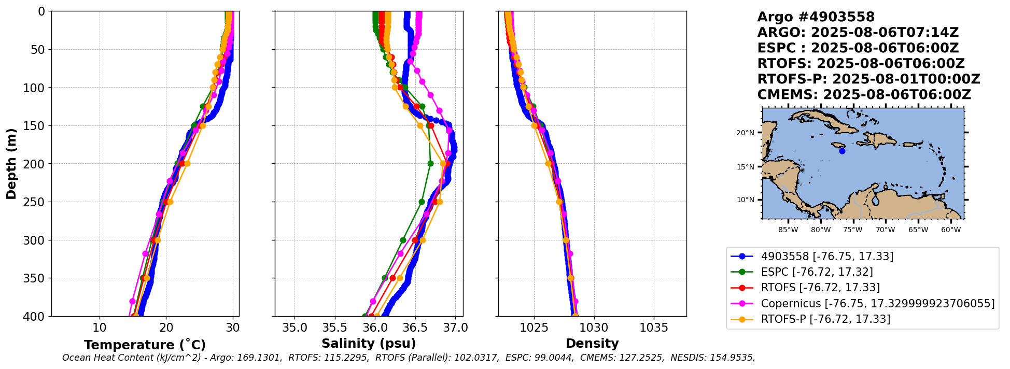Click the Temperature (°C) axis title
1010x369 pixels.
tap(145, 345)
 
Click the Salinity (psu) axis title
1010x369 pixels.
tap(369, 344)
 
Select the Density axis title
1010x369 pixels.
tap(592, 344)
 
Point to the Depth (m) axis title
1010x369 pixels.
tap(11, 164)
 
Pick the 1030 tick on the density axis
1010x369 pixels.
tap(594, 328)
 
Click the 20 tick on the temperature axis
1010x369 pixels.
tap(166, 328)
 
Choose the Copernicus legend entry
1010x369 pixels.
tap(877, 304)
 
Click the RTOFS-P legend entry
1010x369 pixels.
tap(825, 319)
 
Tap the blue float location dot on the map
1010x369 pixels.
tap(842, 151)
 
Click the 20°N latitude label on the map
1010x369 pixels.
tap(745, 133)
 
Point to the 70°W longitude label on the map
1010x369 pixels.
tap(886, 230)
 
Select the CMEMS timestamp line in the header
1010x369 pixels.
tap(864, 95)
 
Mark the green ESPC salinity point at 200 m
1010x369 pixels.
tap(430, 163)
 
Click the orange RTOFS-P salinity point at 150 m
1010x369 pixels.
tap(420, 125)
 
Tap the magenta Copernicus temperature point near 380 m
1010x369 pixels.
tap(132, 301)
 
